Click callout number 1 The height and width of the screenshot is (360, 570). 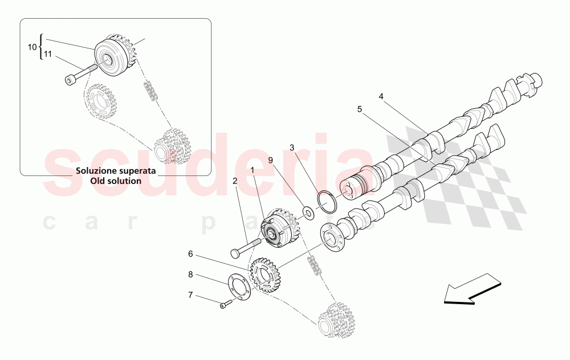coord(253,170)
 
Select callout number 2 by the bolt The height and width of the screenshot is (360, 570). coord(235,181)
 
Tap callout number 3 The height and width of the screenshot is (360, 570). coord(292,148)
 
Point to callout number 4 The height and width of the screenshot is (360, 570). coord(381,97)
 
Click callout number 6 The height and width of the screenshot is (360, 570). coord(190,253)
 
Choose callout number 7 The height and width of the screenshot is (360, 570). coord(190,294)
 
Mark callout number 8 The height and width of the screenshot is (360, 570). coord(190,274)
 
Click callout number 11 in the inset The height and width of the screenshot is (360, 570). coord(48,54)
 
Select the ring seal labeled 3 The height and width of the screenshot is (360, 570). coord(327,202)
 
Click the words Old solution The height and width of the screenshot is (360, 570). coord(116,181)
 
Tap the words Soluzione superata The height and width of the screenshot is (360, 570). coord(116,171)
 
